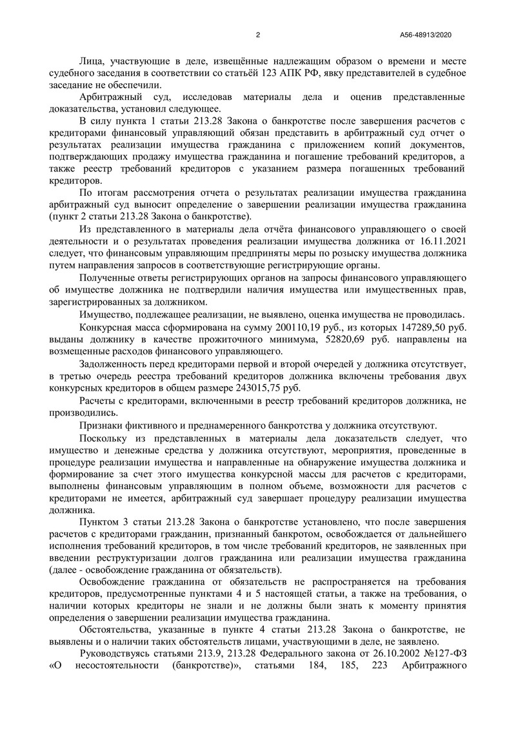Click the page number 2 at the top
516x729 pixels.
click(257, 35)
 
